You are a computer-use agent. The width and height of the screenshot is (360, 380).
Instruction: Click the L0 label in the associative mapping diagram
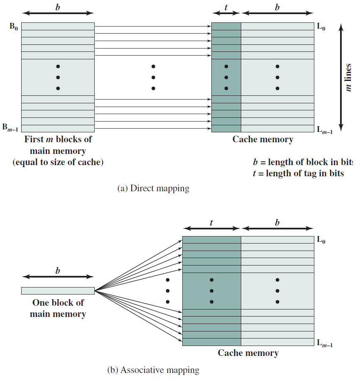(321, 240)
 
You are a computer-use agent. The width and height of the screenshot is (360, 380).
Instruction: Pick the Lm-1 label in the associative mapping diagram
(325, 343)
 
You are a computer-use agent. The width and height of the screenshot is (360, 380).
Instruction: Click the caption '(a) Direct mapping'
(153, 188)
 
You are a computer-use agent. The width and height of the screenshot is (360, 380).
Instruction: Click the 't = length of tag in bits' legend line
(298, 173)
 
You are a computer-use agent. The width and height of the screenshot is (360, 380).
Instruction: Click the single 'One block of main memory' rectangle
(58, 291)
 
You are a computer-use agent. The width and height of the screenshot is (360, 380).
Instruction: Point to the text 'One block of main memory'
(58, 308)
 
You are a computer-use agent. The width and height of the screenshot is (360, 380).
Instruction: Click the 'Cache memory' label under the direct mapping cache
(262, 139)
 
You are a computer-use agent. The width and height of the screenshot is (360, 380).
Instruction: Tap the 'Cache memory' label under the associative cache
(248, 353)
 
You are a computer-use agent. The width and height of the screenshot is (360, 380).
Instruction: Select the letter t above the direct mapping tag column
(226, 7)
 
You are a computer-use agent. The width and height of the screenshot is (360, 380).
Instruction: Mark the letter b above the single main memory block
(58, 271)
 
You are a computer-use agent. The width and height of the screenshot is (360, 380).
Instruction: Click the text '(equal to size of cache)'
(58, 162)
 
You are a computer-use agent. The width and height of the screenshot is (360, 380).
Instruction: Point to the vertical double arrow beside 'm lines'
(340, 78)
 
